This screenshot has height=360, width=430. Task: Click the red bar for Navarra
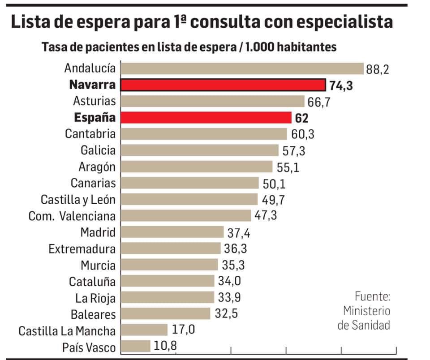tap(224, 85)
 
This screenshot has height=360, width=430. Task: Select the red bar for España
tap(206, 117)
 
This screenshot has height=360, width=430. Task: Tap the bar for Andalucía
tap(242, 69)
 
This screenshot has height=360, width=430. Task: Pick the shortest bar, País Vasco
tap(136, 347)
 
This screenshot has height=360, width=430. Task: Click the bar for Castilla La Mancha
tap(144, 330)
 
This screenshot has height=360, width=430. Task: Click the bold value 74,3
tap(341, 86)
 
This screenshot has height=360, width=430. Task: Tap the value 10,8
tap(166, 347)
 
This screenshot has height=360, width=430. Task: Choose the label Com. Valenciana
tap(72, 216)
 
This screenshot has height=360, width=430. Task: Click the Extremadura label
tap(82, 249)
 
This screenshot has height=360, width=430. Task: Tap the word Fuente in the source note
tap(372, 296)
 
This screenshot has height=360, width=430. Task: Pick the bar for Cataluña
tap(168, 281)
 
